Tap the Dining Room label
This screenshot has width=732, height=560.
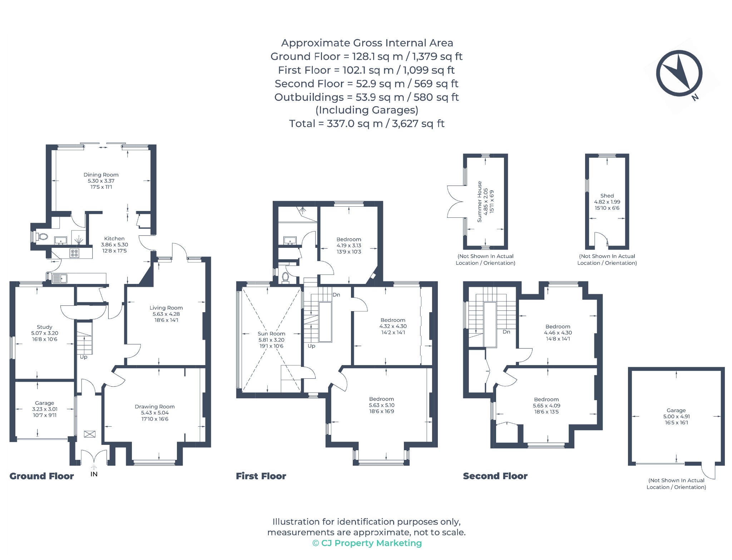tap(101, 175)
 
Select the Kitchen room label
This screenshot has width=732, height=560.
tap(114, 239)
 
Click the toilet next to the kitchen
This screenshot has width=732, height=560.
tap(42, 236)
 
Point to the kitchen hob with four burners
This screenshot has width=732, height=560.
tap(74, 253)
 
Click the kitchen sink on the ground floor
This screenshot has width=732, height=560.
tap(60, 278)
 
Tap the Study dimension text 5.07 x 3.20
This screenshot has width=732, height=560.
tap(45, 333)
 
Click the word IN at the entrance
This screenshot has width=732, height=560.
tap(94, 474)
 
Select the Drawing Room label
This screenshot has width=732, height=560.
tap(155, 407)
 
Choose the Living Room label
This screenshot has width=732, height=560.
tap(166, 308)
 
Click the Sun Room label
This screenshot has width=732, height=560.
tap(272, 334)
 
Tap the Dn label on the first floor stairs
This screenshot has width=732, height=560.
tap(336, 295)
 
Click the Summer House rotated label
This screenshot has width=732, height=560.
tap(480, 202)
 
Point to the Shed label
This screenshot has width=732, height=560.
tap(607, 196)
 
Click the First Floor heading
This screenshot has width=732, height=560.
tap(261, 476)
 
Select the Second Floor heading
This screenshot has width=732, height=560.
tap(495, 476)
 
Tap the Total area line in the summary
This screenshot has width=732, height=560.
tap(367, 124)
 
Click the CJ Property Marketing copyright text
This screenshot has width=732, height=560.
tap(367, 543)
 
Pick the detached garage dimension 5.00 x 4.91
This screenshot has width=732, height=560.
tap(677, 417)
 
